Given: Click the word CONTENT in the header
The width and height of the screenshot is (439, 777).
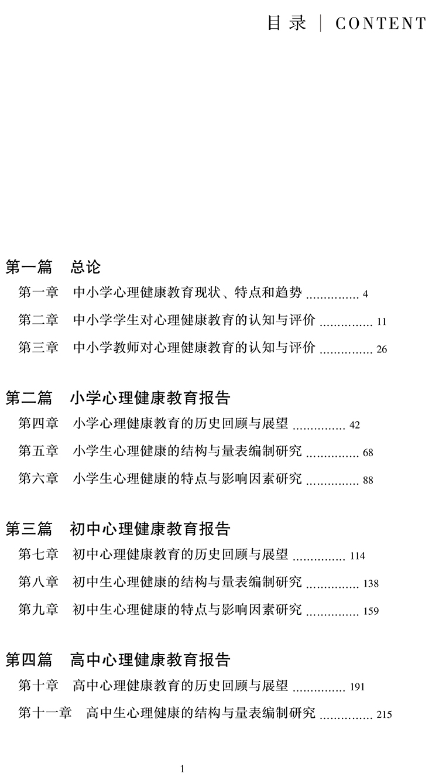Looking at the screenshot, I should (x=381, y=23).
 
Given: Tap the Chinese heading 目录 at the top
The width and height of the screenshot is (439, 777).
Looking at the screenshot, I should (x=287, y=23).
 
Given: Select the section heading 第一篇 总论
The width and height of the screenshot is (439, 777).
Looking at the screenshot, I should (x=53, y=268).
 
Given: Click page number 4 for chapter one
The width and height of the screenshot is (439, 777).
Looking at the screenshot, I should (x=365, y=294).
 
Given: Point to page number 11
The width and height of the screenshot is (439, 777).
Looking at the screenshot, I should (x=382, y=321).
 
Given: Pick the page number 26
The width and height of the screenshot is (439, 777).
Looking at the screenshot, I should (x=382, y=350).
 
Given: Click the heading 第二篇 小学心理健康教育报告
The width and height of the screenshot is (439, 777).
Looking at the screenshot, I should (x=118, y=398).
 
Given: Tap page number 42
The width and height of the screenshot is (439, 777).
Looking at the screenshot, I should (x=354, y=425).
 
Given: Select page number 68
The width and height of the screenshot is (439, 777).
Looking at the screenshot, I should (x=368, y=453).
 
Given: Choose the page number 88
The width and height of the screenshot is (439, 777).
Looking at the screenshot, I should (x=368, y=481).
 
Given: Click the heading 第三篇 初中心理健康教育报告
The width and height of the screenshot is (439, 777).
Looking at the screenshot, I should (x=118, y=529).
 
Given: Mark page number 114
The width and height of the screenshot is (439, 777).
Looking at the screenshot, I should (x=357, y=556).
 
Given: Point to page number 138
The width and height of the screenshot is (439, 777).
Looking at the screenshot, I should (x=371, y=584).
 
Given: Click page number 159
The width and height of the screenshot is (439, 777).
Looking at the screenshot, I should (x=371, y=611).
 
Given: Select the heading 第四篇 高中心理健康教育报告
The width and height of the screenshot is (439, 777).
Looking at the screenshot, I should (x=118, y=660).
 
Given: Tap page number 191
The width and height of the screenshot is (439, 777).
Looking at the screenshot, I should (x=357, y=687).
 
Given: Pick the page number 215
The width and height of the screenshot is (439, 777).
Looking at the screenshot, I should (x=385, y=714).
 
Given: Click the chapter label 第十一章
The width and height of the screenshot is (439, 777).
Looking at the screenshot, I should (x=45, y=713).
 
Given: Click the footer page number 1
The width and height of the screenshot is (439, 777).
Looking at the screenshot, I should (x=183, y=769).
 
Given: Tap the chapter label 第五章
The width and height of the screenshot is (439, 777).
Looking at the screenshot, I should (x=39, y=451).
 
